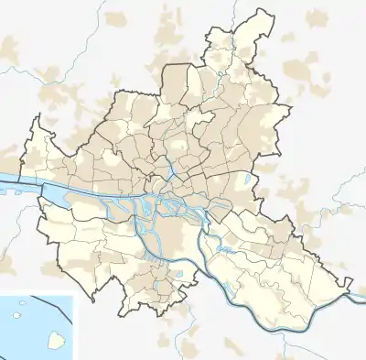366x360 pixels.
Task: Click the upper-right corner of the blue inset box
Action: tap(74, 295)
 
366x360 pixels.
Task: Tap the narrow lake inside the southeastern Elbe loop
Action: tap(227, 248)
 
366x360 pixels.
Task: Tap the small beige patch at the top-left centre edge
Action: tap(116, 18)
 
